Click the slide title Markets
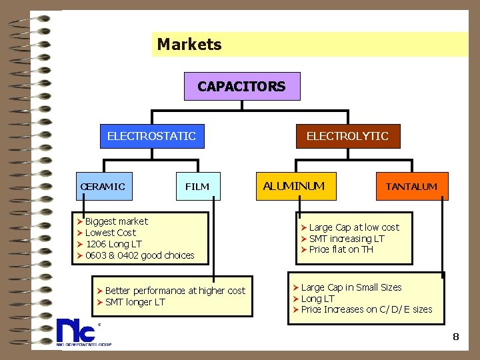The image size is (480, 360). (x=189, y=45)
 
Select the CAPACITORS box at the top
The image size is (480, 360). (x=241, y=87)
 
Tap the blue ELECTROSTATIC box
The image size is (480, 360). (x=151, y=137)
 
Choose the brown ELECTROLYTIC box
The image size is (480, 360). (x=347, y=137)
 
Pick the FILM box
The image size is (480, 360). (x=197, y=187)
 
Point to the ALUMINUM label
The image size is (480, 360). (x=293, y=186)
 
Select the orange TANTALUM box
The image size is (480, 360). (x=411, y=187)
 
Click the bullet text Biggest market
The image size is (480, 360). (x=117, y=221)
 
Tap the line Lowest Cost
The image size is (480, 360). (x=110, y=233)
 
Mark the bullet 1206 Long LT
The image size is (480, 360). (x=113, y=244)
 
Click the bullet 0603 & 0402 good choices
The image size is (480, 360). (x=139, y=255)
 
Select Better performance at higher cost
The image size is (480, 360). (x=175, y=291)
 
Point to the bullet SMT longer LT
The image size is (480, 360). (x=135, y=302)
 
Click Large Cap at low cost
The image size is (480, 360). (x=354, y=227)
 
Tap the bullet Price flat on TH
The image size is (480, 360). (x=341, y=249)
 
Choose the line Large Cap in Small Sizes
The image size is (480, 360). (x=351, y=287)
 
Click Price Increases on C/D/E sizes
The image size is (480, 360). (x=367, y=309)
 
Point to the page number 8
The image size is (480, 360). (x=456, y=337)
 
